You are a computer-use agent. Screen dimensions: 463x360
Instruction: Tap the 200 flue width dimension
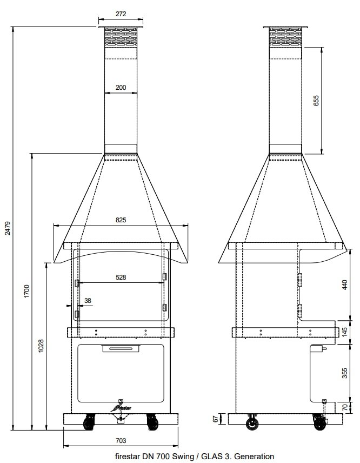tap(121, 87)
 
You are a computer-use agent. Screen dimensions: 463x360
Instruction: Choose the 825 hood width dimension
tap(121, 220)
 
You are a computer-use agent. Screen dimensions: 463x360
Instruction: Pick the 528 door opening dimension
tap(121, 277)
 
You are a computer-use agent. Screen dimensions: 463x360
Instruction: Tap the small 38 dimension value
tap(88, 301)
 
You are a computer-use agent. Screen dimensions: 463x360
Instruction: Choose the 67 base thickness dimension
tap(215, 419)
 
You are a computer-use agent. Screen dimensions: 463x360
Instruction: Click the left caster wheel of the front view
tap(88, 422)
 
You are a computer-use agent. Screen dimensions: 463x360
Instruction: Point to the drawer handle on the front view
tap(121, 349)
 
